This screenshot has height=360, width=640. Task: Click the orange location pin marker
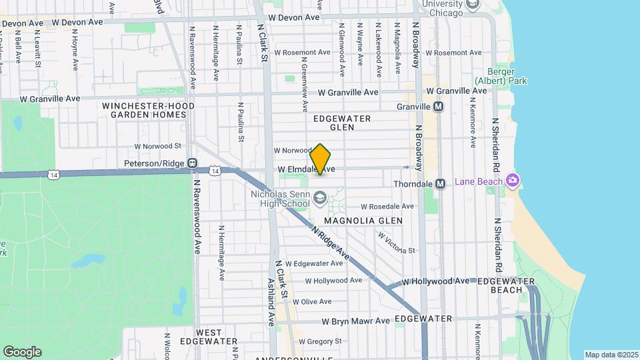coord(321,159)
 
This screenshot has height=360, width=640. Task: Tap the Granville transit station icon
coord(439,107)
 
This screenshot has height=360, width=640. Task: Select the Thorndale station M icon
coord(440,183)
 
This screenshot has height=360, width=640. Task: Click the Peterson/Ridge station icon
coord(192,163)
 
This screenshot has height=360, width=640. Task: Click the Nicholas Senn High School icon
coord(320,197)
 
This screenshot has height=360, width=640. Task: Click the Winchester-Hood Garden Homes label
coord(149,110)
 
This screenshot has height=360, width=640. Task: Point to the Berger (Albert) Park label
coord(501,76)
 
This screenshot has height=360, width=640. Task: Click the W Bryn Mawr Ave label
coord(355,321)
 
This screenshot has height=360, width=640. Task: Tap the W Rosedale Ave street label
coord(387,206)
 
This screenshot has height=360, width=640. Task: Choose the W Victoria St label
coord(397,242)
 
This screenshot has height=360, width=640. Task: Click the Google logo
coord(22,351)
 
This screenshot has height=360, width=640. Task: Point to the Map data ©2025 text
coord(611,355)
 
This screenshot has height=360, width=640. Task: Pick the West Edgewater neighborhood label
coord(217,337)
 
